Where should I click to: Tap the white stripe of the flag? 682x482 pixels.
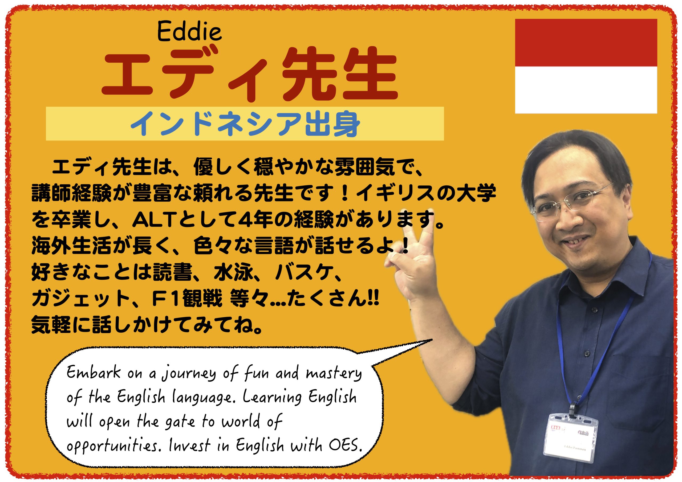coord(586,90)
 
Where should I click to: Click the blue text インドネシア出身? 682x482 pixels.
coord(245,124)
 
